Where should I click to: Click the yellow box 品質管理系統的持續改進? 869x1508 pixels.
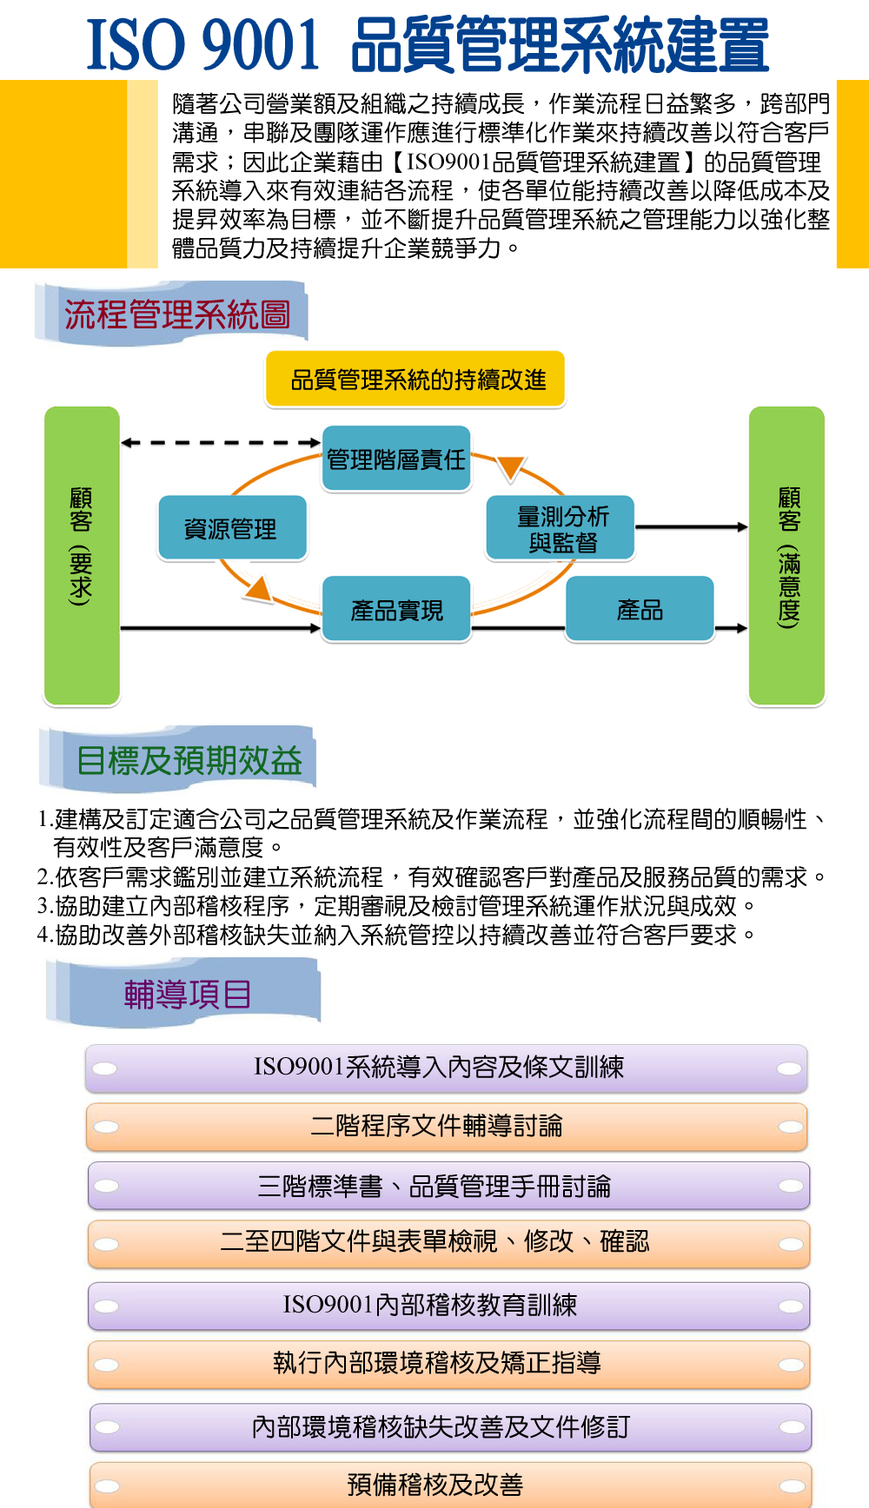pos(415,379)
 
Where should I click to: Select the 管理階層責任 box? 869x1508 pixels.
pos(396,459)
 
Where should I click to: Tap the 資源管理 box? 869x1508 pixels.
pos(232,528)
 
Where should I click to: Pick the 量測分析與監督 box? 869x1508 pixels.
pos(561,528)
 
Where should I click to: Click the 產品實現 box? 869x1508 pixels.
pos(396,610)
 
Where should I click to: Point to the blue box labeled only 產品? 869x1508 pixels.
pos(640,610)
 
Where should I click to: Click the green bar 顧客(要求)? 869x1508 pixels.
pos(82,555)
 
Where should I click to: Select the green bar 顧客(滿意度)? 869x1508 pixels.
pos(786,555)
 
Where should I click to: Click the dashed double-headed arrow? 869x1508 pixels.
pos(221,443)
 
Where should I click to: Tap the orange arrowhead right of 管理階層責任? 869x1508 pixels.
pos(511,468)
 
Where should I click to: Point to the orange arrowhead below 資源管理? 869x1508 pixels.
pos(259,590)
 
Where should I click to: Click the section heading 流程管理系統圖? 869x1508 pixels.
pos(177,314)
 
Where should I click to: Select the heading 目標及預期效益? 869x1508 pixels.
pos(189,760)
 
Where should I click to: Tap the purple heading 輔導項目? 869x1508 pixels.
pos(188,994)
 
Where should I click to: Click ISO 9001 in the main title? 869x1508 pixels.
pos(203,45)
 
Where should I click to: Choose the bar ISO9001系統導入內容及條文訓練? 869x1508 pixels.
pos(447,1068)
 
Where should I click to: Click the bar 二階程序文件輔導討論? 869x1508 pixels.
pos(447,1127)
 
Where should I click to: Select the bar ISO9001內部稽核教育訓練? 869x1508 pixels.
pos(448,1306)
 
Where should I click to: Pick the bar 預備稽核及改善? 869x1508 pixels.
pos(450,1485)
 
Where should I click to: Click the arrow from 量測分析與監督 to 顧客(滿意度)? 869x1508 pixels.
pos(692,527)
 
